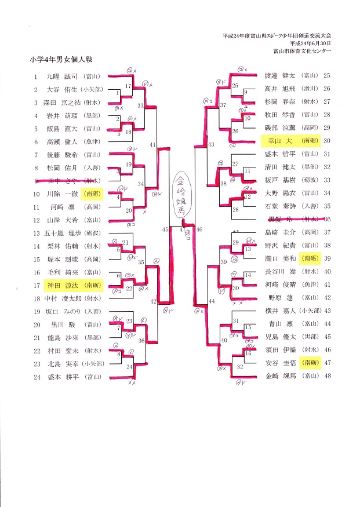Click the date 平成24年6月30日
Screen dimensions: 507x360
pos(311,43)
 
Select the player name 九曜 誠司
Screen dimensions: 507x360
pos(61,76)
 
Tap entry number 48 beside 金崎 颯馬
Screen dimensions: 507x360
pos(326,376)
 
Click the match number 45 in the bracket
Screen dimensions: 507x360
pos(165,230)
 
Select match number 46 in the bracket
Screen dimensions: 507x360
pos(200,230)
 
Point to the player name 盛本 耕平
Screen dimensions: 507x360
pos(61,377)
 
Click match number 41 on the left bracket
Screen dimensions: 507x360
pos(152,144)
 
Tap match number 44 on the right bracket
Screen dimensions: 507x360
pos(211,301)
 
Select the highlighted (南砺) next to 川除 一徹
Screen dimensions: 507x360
pos(92,193)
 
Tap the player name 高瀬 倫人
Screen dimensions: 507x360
pos(61,141)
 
